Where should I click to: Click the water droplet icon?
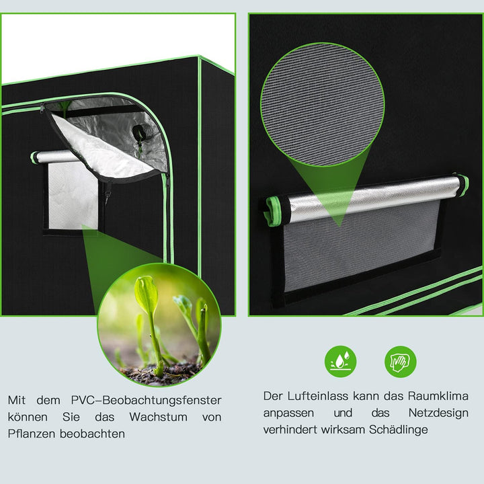(x=341, y=361)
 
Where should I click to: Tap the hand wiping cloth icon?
(x=401, y=361)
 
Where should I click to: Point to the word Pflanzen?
(x=31, y=434)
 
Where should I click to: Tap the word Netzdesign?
(x=438, y=413)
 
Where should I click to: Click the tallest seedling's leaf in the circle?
(x=145, y=294)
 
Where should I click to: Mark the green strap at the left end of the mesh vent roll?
(x=274, y=210)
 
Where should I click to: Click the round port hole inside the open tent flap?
(x=139, y=132)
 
